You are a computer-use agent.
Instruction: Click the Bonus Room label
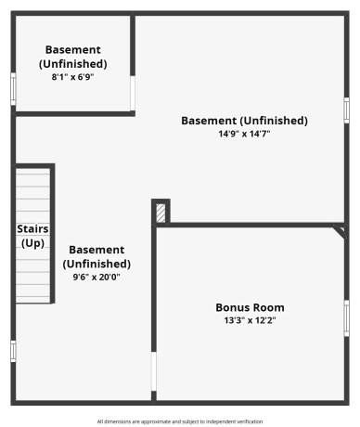click(x=250, y=307)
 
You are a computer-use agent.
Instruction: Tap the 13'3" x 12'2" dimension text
click(x=250, y=320)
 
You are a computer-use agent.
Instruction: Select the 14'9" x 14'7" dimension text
click(x=244, y=134)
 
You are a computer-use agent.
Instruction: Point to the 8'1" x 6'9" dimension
click(x=72, y=77)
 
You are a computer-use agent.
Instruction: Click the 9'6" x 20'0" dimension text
click(x=96, y=277)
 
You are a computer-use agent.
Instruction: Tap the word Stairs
click(x=32, y=228)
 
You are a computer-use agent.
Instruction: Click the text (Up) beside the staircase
click(x=32, y=242)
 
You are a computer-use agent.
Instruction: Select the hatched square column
click(x=161, y=213)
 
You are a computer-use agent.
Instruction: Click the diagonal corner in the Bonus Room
click(x=340, y=229)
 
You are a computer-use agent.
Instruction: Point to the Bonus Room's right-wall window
click(x=346, y=318)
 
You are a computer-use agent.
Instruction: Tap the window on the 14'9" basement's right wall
click(x=346, y=110)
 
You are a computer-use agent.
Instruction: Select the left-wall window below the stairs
click(x=13, y=351)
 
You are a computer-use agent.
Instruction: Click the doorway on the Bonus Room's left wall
click(x=154, y=371)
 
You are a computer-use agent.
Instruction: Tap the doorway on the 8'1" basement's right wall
click(x=134, y=92)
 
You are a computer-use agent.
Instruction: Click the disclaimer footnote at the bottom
click(x=179, y=421)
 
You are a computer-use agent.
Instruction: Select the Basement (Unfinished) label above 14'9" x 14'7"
click(x=244, y=121)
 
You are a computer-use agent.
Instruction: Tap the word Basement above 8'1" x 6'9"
click(x=72, y=50)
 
